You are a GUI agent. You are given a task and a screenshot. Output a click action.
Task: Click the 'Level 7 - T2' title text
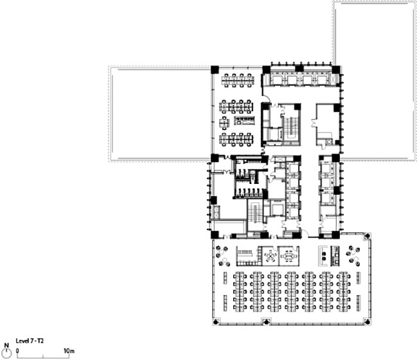tap(30, 341)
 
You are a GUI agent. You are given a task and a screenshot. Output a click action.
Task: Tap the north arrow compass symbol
tap(6, 351)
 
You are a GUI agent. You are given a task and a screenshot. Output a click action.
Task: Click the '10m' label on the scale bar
tap(69, 351)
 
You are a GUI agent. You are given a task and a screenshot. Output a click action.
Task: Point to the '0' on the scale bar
tap(17, 351)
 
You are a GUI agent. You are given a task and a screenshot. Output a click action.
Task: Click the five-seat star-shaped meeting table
tap(271, 256)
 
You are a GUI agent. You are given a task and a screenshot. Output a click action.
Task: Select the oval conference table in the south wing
tap(288, 256)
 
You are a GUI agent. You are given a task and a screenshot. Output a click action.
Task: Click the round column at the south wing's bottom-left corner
tap(216, 322)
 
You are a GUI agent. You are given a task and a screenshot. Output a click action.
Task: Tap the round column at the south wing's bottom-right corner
tap(368, 322)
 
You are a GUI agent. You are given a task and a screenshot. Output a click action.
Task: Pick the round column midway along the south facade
tap(266, 322)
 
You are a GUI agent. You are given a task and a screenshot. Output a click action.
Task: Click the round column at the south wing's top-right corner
tap(368, 235)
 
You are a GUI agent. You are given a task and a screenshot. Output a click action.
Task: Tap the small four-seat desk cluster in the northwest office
tap(224, 123)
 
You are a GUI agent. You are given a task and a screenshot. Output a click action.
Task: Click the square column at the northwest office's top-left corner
tap(215, 69)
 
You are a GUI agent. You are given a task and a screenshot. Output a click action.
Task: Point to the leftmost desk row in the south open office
tap(240, 292)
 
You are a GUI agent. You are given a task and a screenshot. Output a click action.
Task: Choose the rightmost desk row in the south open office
tap(343, 292)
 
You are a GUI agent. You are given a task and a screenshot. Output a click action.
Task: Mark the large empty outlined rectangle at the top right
tap(375, 81)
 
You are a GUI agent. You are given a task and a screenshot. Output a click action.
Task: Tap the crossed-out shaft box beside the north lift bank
tap(335, 78)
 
